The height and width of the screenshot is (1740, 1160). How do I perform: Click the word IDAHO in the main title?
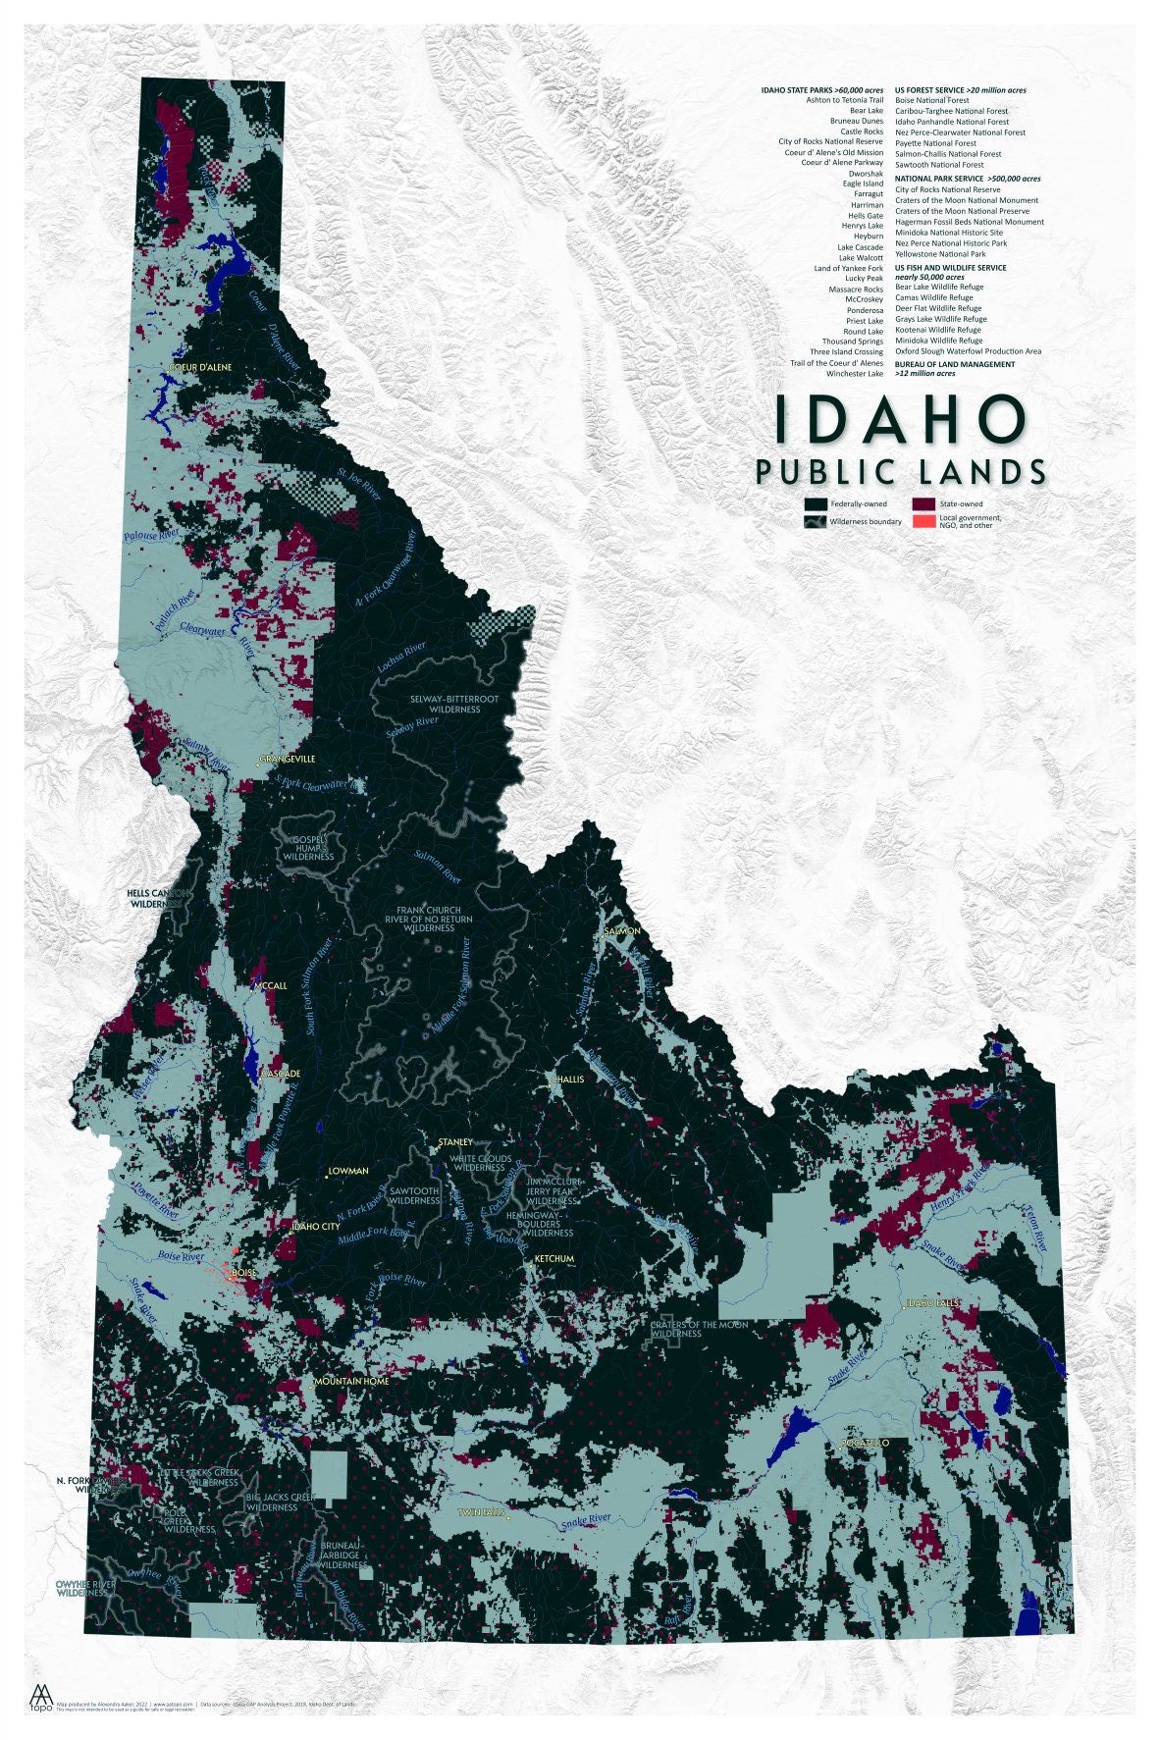pos(900,420)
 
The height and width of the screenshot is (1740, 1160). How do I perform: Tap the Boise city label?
pos(243,1273)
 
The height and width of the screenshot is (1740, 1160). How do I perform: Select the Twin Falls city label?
pos(482,1512)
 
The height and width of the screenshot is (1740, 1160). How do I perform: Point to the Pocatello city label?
pos(865,1443)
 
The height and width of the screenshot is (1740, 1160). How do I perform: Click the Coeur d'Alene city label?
pos(201,367)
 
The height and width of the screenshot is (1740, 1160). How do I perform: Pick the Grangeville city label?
pos(288,759)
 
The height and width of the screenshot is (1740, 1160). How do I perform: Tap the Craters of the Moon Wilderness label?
pos(699,1329)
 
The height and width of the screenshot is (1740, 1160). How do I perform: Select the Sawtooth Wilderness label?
pos(414,1195)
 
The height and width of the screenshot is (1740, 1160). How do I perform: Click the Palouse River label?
pos(151,535)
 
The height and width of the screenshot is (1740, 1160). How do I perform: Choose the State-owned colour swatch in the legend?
pos(923,503)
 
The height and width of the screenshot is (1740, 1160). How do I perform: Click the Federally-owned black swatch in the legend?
pos(815,503)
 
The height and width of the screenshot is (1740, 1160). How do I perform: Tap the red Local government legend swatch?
pos(923,521)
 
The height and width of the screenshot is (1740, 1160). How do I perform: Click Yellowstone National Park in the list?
pos(940,254)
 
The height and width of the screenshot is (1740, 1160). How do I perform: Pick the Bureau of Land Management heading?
pos(955,364)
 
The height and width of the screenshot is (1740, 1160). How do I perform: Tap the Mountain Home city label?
pos(351,1381)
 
